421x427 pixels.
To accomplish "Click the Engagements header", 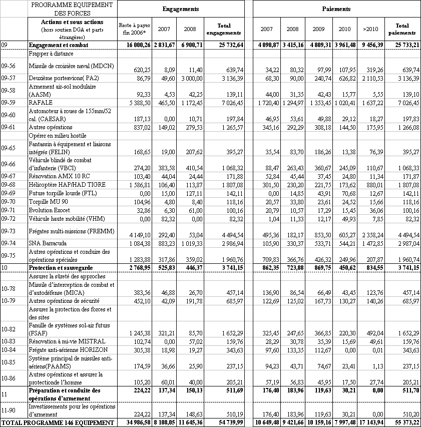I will click(x=181, y=9).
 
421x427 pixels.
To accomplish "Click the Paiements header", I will click(x=336, y=9).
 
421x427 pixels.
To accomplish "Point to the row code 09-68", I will click(x=9, y=185).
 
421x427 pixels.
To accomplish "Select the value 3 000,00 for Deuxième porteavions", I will click(x=190, y=78).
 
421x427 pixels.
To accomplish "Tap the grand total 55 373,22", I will click(x=404, y=423).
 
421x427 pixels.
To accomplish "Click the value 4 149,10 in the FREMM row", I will click(x=132, y=235).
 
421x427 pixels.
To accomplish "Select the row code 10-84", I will click(x=9, y=349).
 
